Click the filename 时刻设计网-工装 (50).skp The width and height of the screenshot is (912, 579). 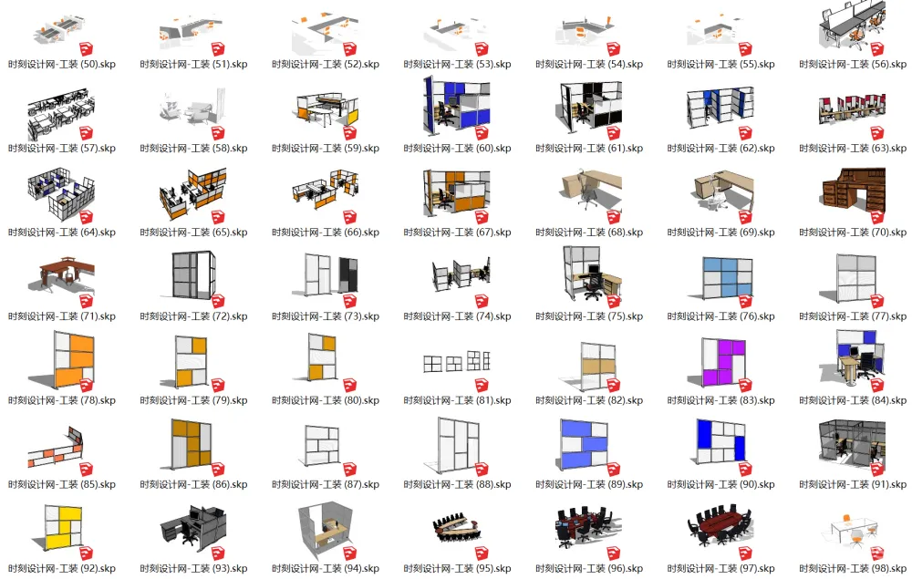[x=62, y=65]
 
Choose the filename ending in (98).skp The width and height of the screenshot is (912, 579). [x=853, y=569]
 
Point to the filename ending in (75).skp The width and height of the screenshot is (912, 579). [x=589, y=316]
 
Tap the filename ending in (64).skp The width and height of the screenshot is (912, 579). [x=62, y=233]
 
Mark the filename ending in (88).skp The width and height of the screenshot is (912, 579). [x=457, y=485]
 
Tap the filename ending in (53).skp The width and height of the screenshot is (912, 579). [x=457, y=65]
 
